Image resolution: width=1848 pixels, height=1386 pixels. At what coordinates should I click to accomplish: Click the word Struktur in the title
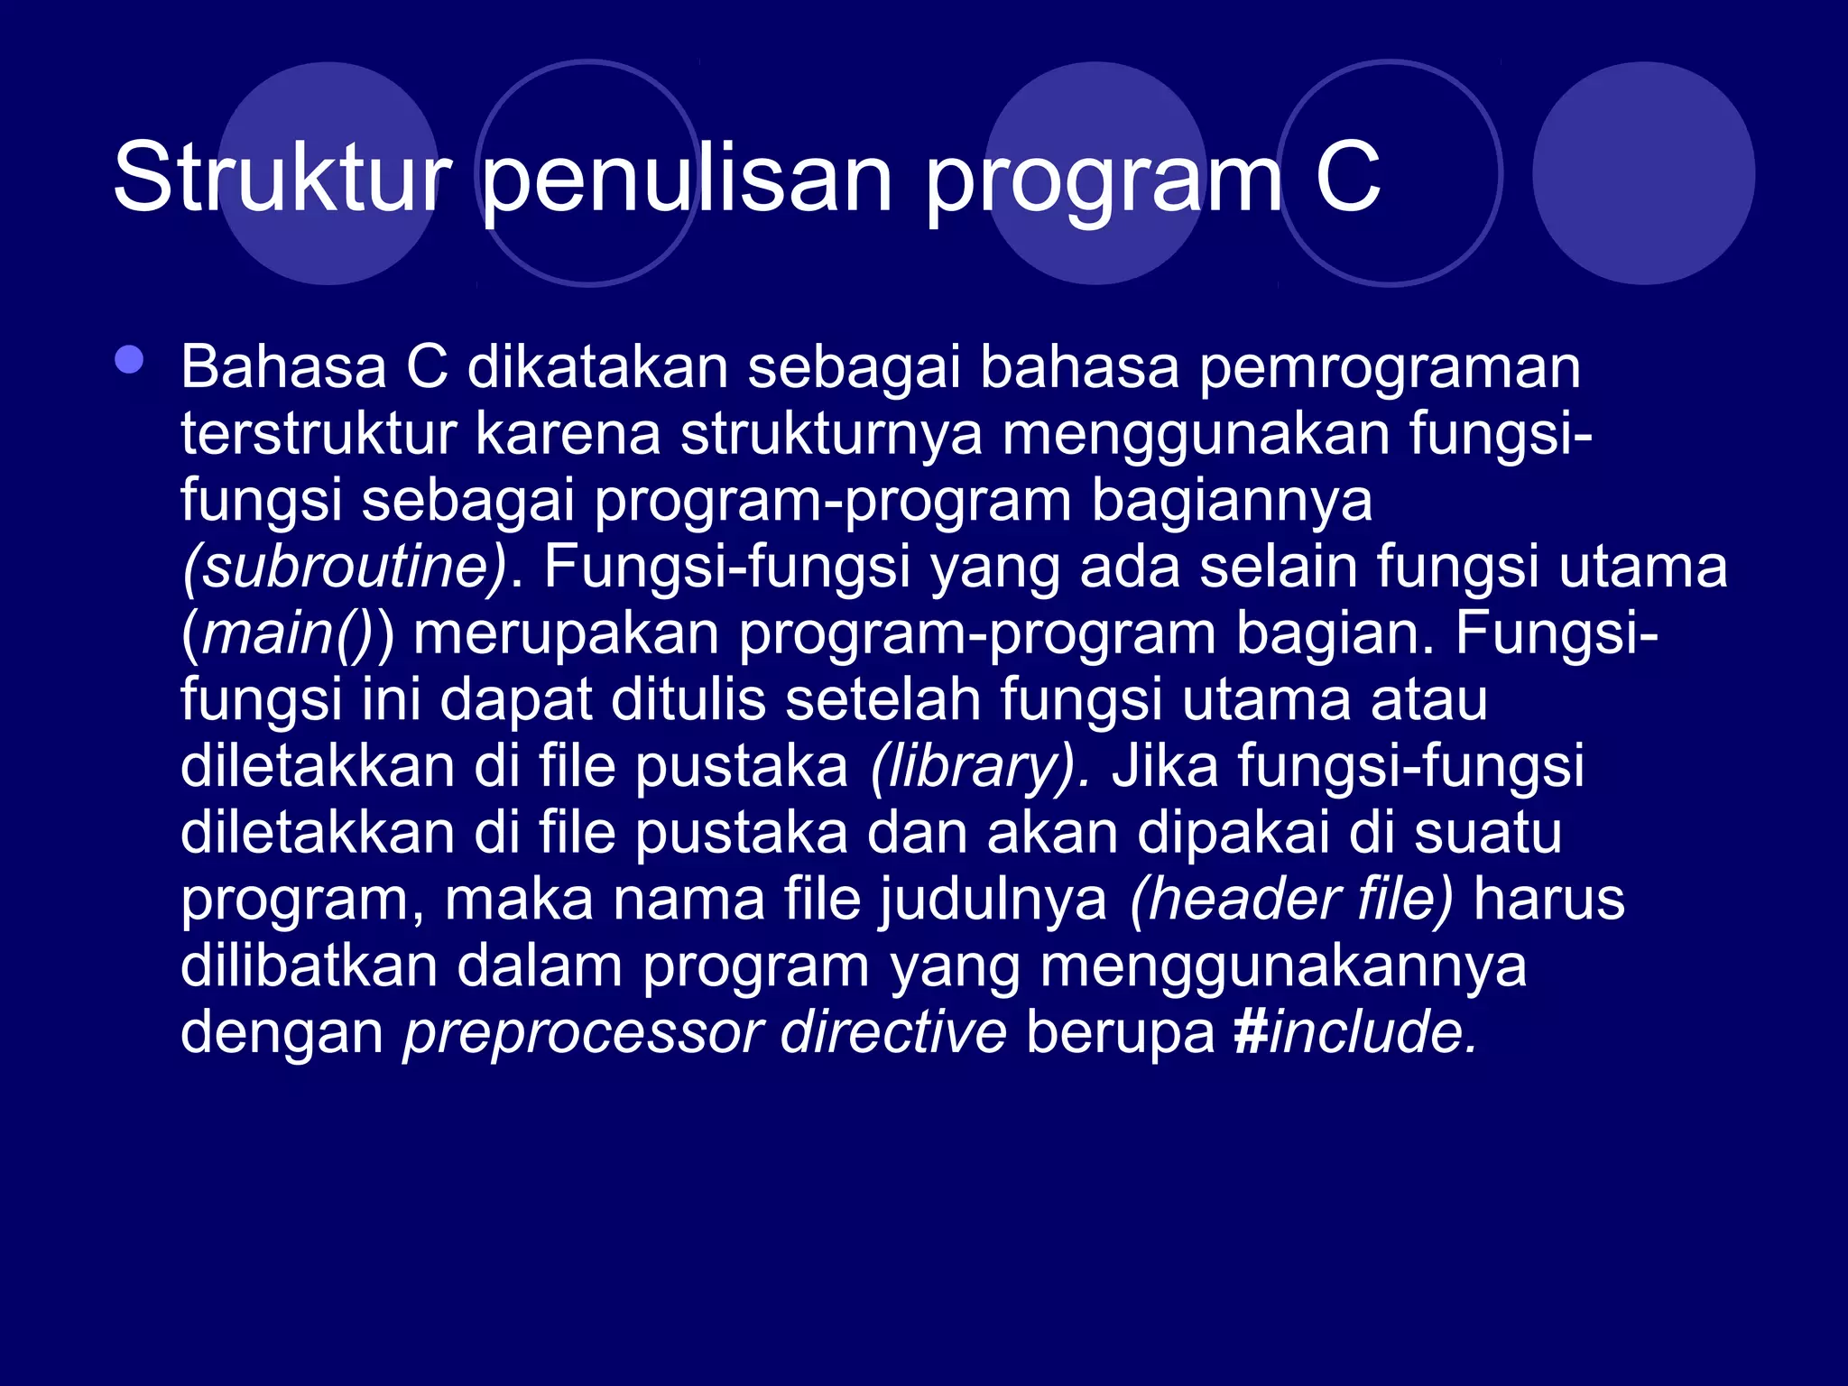click(282, 178)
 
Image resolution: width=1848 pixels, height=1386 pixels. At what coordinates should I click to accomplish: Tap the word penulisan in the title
click(688, 178)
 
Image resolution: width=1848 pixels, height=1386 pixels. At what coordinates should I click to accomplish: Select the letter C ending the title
click(1347, 178)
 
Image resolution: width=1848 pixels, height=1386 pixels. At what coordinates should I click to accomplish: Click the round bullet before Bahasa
click(129, 360)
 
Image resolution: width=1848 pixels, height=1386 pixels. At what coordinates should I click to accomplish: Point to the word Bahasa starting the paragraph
click(283, 367)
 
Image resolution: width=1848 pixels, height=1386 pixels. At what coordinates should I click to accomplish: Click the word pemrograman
click(1390, 367)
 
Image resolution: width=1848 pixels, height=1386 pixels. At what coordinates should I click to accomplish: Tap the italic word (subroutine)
click(345, 567)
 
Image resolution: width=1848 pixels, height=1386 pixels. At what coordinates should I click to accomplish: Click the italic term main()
click(285, 633)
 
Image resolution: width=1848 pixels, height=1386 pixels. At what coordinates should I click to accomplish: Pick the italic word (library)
click(980, 766)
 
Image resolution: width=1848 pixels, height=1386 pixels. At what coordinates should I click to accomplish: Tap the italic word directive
click(892, 1031)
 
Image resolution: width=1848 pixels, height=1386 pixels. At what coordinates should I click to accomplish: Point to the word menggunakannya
click(1283, 966)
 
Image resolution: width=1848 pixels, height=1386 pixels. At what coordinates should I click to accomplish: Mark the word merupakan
click(567, 633)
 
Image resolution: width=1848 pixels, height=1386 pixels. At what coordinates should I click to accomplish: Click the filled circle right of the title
click(1643, 173)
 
